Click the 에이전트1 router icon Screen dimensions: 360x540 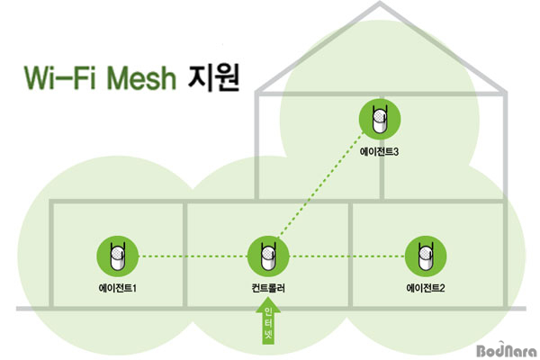[x=118, y=256]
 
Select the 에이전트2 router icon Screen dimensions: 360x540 [x=420, y=256]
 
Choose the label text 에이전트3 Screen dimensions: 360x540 [x=379, y=153]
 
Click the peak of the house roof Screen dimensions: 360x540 [x=382, y=7]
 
